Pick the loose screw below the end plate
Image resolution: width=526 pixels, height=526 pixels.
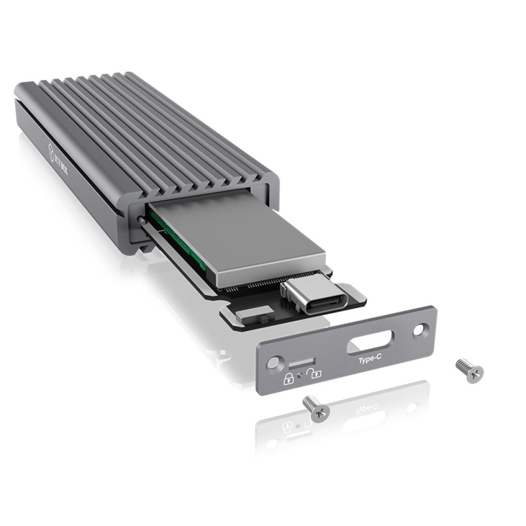pyautogui.click(x=316, y=409)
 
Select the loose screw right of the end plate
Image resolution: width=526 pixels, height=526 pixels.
pyautogui.click(x=469, y=370)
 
